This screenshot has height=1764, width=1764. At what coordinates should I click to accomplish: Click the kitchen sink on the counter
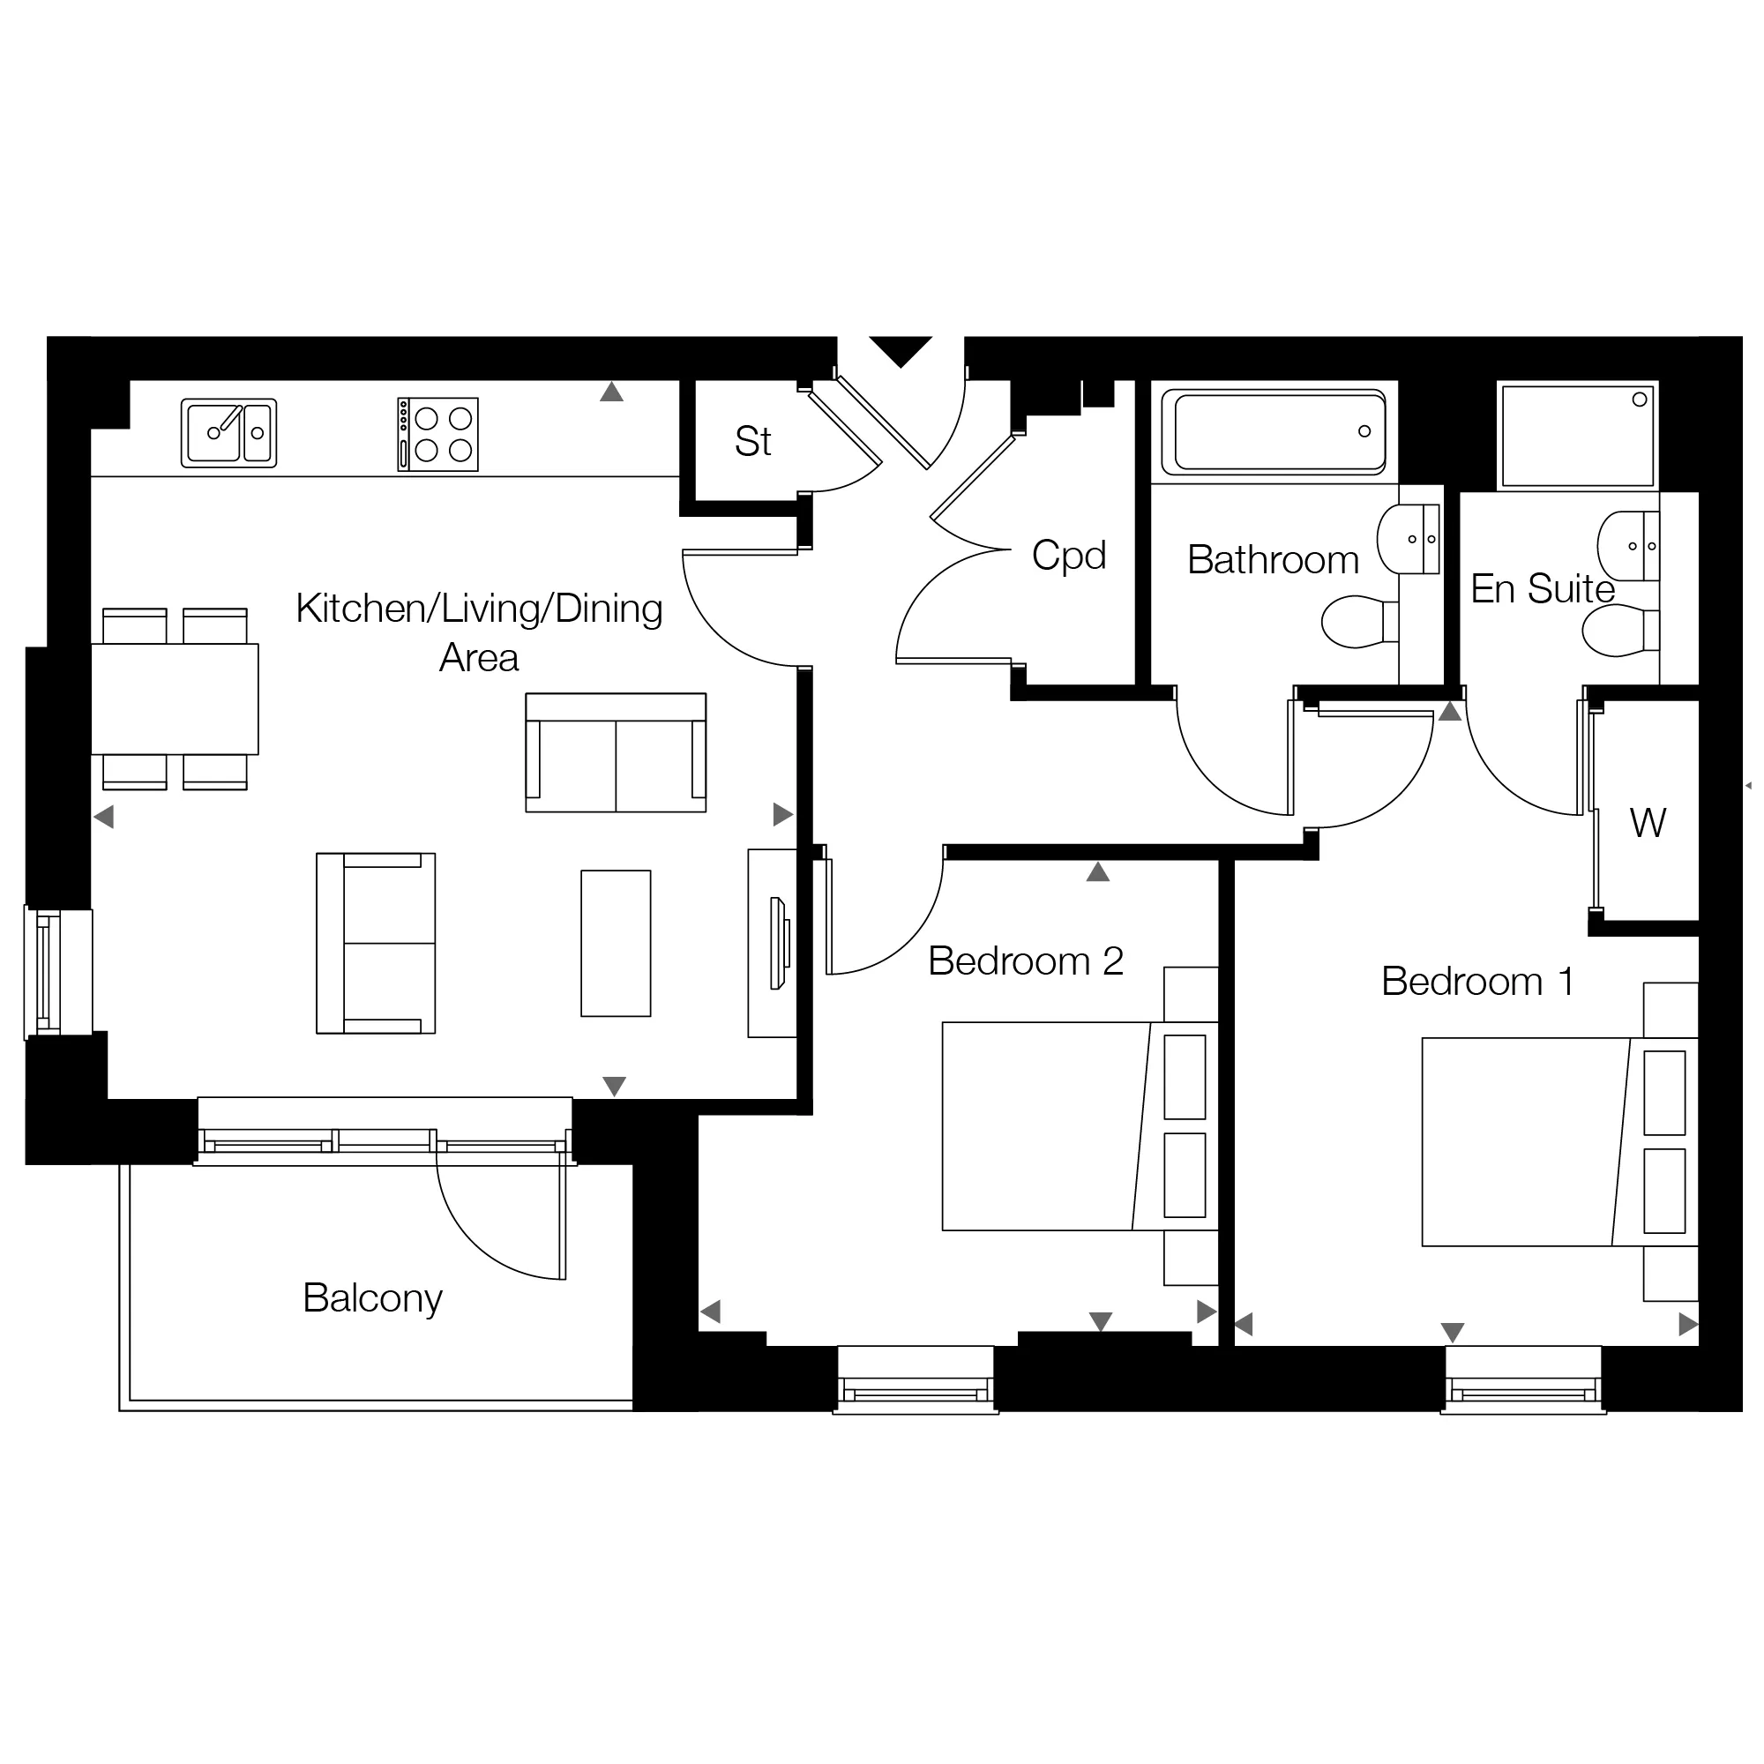pos(229,434)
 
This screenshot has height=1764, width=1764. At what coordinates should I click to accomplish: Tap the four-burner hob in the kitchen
pos(438,435)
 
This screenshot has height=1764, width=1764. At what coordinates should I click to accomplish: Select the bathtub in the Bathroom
pos(1279,431)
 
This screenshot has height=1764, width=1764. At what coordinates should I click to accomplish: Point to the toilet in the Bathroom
pos(1360,622)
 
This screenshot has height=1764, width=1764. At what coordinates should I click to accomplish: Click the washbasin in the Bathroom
pos(1409,540)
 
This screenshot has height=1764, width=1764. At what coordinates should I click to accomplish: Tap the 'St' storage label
pos(753,442)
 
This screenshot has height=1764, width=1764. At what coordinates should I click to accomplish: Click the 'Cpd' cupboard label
pos(1069,555)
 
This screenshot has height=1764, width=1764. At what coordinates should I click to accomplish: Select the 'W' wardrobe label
pos(1648,824)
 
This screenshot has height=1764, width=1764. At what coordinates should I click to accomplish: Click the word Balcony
pos(372,1298)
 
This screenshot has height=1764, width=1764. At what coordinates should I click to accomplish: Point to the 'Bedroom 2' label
pos(1026,961)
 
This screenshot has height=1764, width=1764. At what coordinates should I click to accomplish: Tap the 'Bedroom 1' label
pos(1477,982)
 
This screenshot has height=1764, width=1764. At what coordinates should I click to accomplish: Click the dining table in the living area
pos(175,699)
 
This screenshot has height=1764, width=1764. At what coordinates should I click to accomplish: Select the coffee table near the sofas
pos(617,943)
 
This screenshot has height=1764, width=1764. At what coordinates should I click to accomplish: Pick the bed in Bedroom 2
pos(1080,1126)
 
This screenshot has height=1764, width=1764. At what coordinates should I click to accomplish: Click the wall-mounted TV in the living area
pos(780,943)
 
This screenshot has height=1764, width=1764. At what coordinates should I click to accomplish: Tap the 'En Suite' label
pos(1543,589)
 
